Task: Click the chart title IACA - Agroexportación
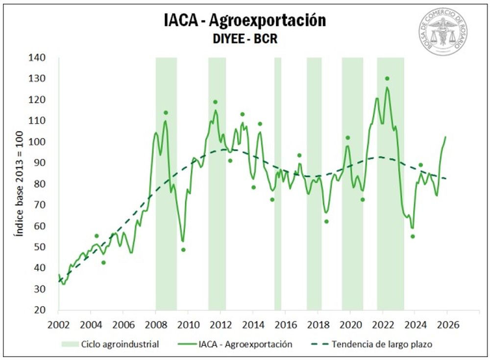click(245, 21)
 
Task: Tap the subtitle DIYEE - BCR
click(245, 39)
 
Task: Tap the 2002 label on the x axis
click(58, 325)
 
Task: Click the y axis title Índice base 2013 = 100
click(19, 183)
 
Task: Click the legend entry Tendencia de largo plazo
click(382, 344)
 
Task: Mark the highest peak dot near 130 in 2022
click(387, 78)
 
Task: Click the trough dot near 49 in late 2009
click(183, 250)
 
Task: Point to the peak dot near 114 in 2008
click(166, 113)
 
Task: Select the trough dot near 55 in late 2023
click(413, 236)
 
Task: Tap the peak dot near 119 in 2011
click(215, 102)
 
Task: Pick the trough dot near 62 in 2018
click(326, 221)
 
